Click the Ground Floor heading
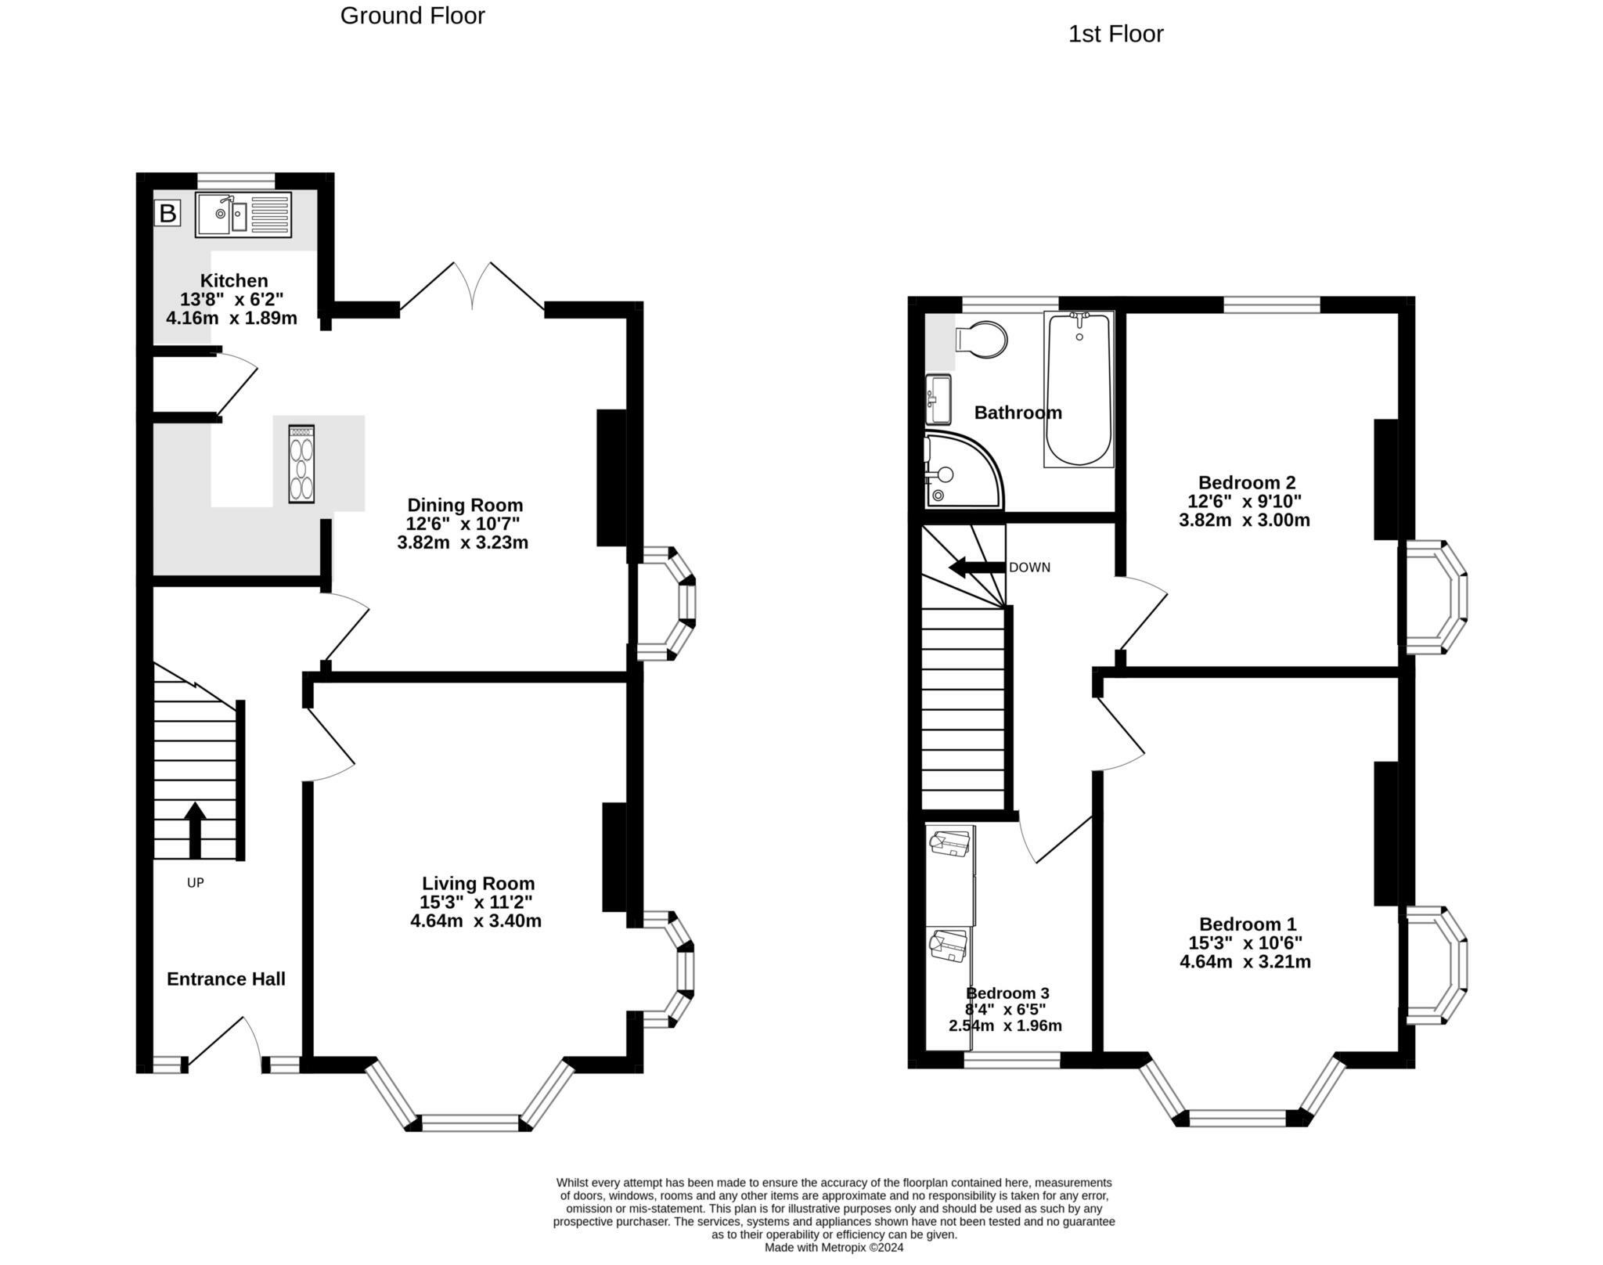pos(412,16)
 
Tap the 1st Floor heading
pos(1115,34)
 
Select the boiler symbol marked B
pos(168,213)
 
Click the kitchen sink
pos(243,214)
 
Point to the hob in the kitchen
pos(301,463)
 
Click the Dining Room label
pos(465,505)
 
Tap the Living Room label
pos(478,884)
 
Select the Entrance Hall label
pos(226,978)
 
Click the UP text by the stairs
pos(195,883)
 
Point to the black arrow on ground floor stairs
pos(195,831)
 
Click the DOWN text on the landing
pos(1029,568)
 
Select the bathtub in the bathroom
pos(1079,389)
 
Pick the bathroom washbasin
pos(938,399)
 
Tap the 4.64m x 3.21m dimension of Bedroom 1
pos(1245,961)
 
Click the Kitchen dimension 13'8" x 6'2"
pos(232,299)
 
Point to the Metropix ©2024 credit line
pos(834,1248)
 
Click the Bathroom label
pos(1018,413)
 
